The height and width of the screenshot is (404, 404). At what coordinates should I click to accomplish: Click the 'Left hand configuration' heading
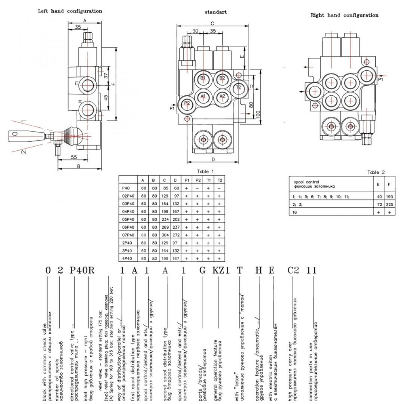click(x=69, y=11)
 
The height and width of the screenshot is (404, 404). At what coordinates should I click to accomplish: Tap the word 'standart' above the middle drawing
click(x=216, y=12)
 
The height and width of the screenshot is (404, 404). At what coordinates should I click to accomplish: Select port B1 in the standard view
click(x=203, y=78)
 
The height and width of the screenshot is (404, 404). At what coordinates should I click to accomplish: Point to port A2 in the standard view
click(x=221, y=96)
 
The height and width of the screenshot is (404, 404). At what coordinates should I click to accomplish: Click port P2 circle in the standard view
click(x=187, y=103)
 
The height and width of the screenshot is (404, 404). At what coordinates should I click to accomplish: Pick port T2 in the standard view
click(x=238, y=87)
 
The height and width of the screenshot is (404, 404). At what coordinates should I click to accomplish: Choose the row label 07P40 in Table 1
click(x=128, y=234)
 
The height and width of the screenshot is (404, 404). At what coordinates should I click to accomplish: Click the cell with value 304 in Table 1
click(x=164, y=234)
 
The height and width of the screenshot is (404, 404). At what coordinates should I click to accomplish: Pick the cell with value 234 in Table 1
click(x=164, y=219)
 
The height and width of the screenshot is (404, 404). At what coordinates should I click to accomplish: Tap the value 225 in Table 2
click(x=389, y=204)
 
